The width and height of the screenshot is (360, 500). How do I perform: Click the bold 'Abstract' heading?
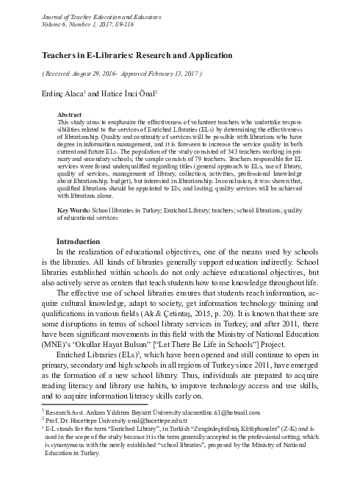coord(70,115)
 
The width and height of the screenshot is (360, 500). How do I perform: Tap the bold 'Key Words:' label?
coord(73,210)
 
